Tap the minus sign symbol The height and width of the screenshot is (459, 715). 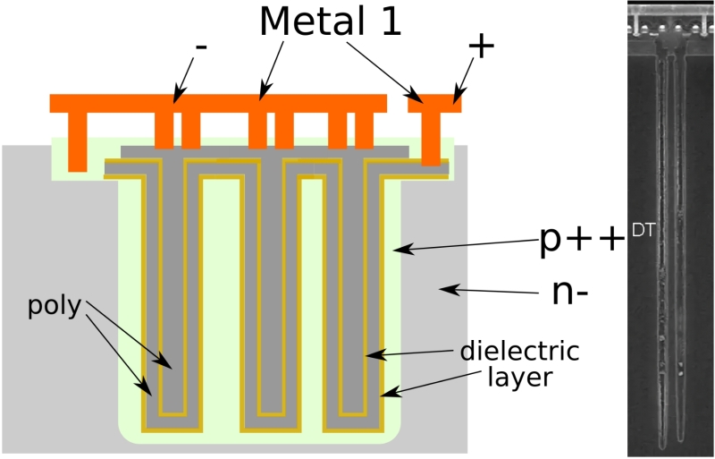tap(200, 47)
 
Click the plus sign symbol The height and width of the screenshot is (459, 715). tap(480, 47)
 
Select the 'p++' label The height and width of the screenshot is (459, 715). tap(580, 242)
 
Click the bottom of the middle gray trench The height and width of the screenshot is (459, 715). tap(271, 407)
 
